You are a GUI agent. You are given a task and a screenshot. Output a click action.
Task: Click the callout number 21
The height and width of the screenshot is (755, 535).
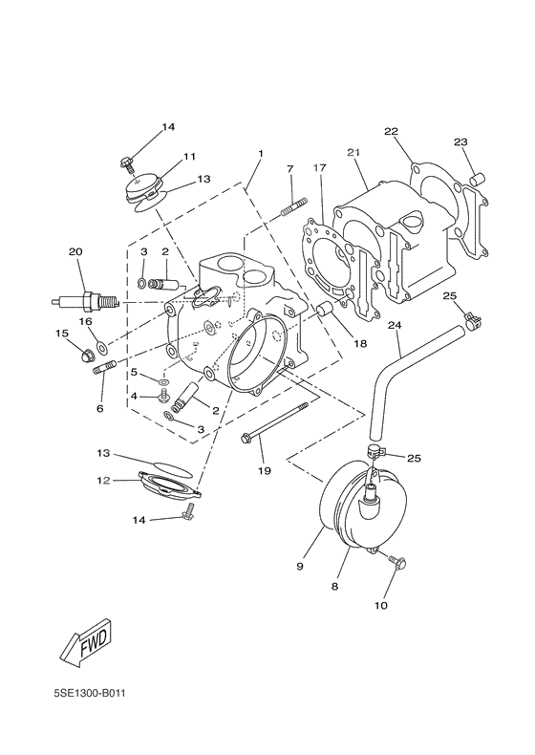point(353,154)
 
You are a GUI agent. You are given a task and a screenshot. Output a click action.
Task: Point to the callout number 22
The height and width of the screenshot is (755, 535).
point(391,131)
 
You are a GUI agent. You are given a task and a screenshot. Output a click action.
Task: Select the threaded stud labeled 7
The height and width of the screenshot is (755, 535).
point(293,206)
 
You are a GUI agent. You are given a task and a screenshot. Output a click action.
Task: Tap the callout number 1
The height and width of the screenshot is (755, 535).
point(259,153)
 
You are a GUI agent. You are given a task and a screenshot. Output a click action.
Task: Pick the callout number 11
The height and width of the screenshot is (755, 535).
point(189,156)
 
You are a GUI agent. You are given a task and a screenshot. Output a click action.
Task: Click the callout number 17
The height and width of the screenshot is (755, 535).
point(319,168)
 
